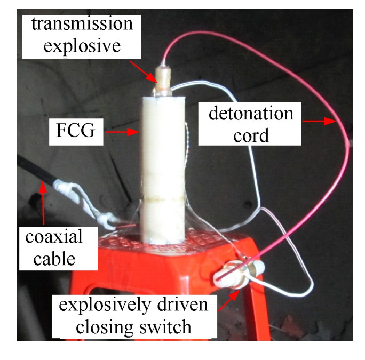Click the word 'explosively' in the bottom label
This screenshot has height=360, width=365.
(105, 306)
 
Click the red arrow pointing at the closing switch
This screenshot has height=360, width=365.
(227, 299)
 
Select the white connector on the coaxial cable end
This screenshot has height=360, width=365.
(67, 189)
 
